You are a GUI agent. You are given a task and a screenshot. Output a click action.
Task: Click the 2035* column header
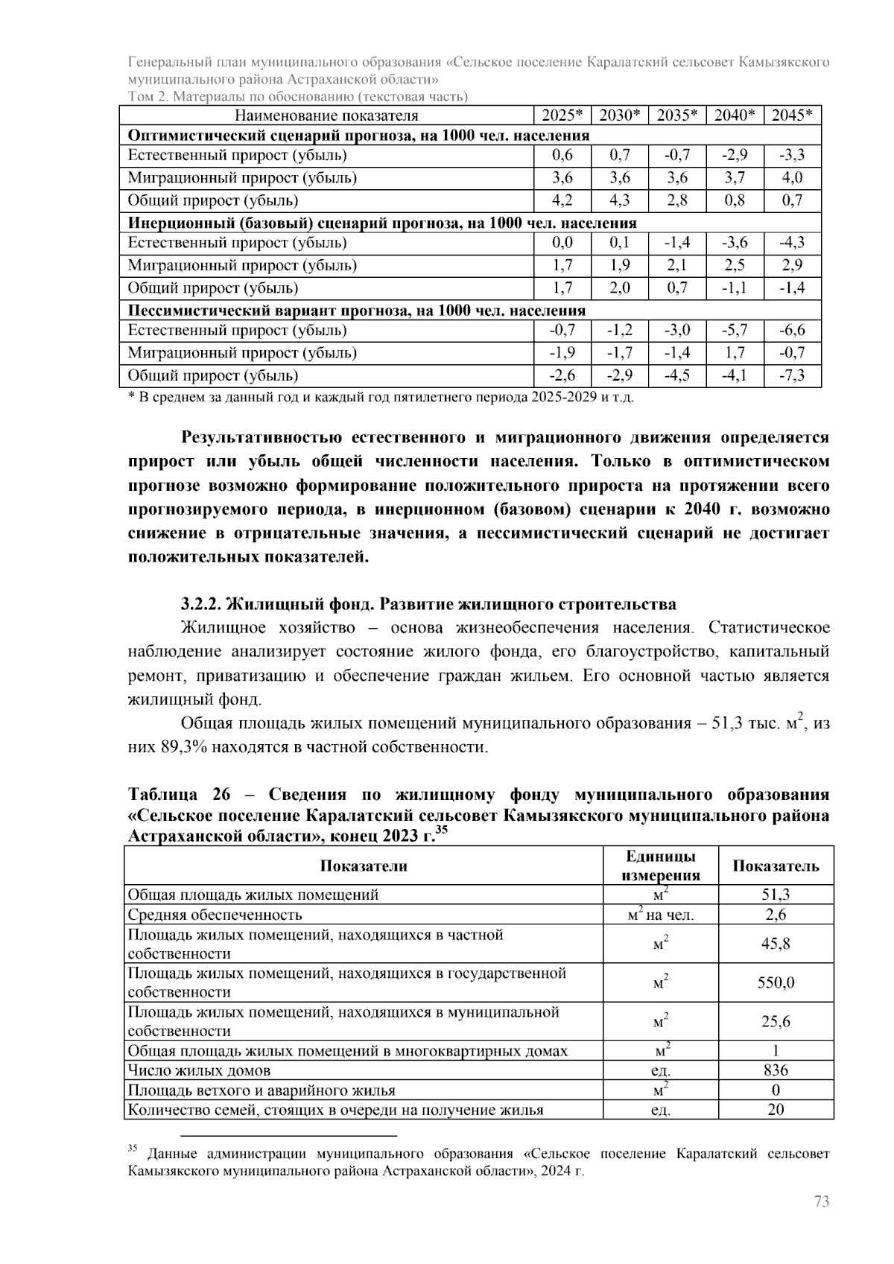[x=677, y=115]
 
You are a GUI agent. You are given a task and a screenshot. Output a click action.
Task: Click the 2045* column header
[x=792, y=115]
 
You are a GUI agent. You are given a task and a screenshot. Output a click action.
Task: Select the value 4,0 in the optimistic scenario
[x=792, y=178]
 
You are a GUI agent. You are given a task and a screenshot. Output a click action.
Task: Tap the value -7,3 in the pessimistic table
[x=792, y=375]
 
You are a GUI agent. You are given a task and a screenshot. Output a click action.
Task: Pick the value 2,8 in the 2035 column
[x=677, y=200]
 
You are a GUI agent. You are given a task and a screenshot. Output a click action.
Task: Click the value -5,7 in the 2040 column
[x=735, y=330]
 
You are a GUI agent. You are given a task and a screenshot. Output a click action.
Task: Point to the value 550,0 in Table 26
[x=776, y=982]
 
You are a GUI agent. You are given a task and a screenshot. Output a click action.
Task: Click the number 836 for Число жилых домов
[x=776, y=1070]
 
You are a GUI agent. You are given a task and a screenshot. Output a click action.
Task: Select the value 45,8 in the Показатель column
[x=776, y=944]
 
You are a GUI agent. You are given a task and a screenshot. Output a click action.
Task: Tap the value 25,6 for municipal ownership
[x=776, y=1021]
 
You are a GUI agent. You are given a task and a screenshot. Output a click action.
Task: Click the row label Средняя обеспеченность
[x=215, y=915]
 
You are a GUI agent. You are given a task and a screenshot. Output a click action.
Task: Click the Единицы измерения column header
[x=660, y=866]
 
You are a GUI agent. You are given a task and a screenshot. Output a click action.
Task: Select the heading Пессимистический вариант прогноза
[x=357, y=310]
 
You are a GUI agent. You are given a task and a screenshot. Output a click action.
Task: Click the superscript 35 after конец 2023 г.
[x=441, y=830]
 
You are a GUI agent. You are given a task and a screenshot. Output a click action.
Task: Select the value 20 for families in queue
[x=776, y=1110]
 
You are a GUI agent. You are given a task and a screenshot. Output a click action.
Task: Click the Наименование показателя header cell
[x=326, y=115]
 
